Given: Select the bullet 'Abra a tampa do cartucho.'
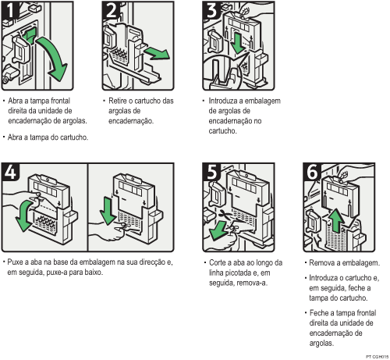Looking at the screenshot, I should (x=47, y=137).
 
